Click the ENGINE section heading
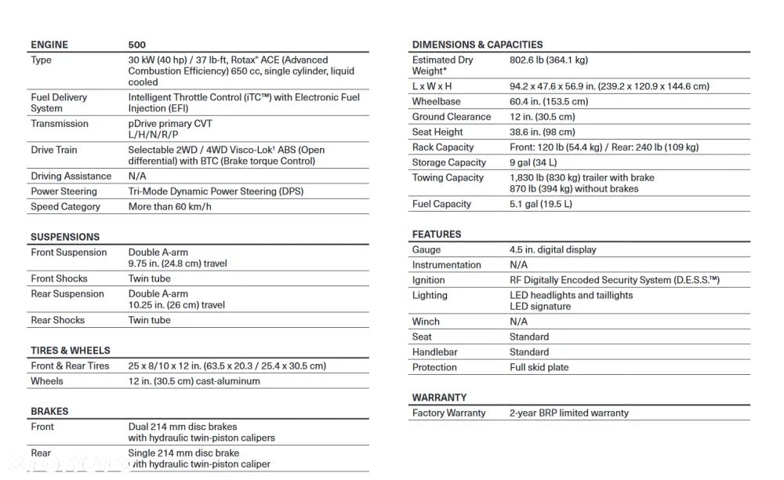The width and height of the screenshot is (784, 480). (49, 45)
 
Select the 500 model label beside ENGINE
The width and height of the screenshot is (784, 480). (137, 45)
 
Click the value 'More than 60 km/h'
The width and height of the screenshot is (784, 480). (170, 207)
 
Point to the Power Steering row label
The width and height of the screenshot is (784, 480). (64, 191)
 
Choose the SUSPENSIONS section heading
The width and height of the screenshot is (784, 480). (65, 237)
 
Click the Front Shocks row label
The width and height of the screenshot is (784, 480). (59, 278)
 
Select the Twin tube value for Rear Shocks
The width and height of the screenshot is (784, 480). (149, 320)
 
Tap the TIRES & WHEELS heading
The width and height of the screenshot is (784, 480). (71, 351)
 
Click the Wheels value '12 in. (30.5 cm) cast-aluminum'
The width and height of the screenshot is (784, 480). (194, 381)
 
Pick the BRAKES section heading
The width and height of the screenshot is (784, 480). (49, 411)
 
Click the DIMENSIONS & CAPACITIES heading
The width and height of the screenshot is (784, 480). (477, 45)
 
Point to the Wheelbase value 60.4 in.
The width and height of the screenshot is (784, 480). (549, 102)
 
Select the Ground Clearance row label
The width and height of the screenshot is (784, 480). (452, 117)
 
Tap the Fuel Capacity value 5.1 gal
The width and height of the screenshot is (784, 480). (541, 204)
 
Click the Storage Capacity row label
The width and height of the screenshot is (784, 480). (449, 162)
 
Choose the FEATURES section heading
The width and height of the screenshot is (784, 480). (437, 235)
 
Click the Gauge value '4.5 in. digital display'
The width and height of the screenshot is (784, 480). (553, 249)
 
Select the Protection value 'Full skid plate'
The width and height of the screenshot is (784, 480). (539, 367)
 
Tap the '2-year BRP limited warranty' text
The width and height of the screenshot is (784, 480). (569, 413)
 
